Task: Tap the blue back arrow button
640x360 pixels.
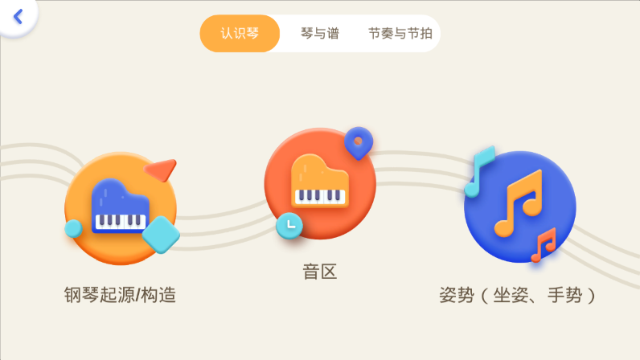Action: [18, 17]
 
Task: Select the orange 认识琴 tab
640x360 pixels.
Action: [240, 34]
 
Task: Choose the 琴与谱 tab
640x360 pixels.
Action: [320, 34]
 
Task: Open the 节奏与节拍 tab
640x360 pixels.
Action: [400, 34]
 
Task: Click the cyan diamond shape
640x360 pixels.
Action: [161, 235]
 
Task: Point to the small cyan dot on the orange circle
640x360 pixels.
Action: [73, 228]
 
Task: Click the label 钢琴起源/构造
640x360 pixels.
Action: [120, 295]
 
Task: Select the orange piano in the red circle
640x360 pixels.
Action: [320, 181]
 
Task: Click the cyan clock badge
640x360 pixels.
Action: [289, 225]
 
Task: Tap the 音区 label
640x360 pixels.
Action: [320, 272]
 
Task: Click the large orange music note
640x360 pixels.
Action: [519, 203]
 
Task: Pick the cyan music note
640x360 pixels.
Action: [480, 171]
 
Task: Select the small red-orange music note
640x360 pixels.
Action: [544, 245]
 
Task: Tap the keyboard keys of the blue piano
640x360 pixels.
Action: [121, 222]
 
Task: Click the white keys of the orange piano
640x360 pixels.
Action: [320, 197]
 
